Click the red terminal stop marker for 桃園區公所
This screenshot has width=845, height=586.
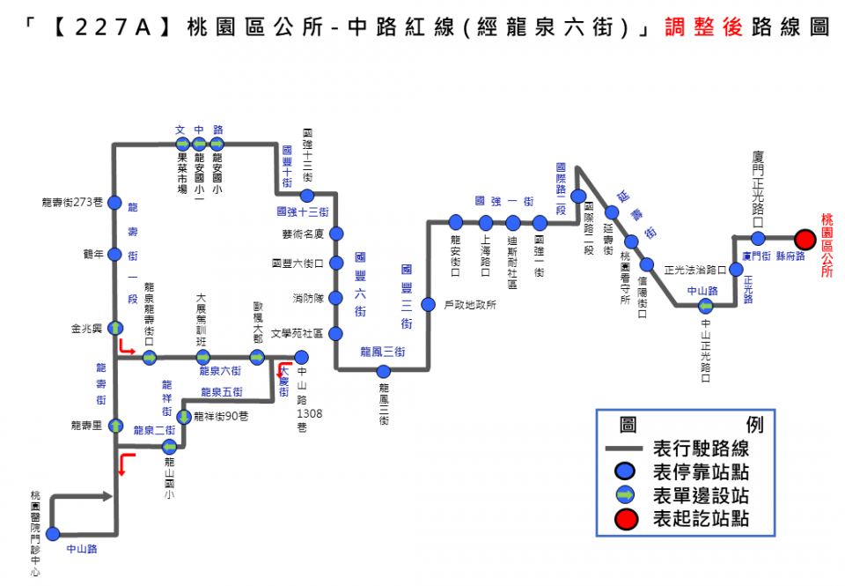[x=804, y=239]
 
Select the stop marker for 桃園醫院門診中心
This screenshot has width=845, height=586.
[x=53, y=533]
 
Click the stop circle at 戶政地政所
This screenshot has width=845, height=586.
[x=429, y=305]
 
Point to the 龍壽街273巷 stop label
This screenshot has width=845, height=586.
[x=73, y=203]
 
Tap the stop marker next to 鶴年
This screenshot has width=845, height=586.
[x=114, y=254]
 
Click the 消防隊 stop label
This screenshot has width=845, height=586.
[x=308, y=298]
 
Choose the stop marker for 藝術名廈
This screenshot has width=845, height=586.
[x=336, y=234]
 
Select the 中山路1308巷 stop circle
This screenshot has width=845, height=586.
[x=301, y=357]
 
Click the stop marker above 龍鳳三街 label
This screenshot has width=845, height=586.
[x=383, y=371]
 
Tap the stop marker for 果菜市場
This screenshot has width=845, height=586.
[x=181, y=143]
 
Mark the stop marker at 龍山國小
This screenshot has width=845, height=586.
[x=169, y=446]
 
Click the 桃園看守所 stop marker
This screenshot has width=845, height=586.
[x=630, y=242]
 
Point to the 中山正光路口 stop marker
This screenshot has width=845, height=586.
[x=706, y=307]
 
